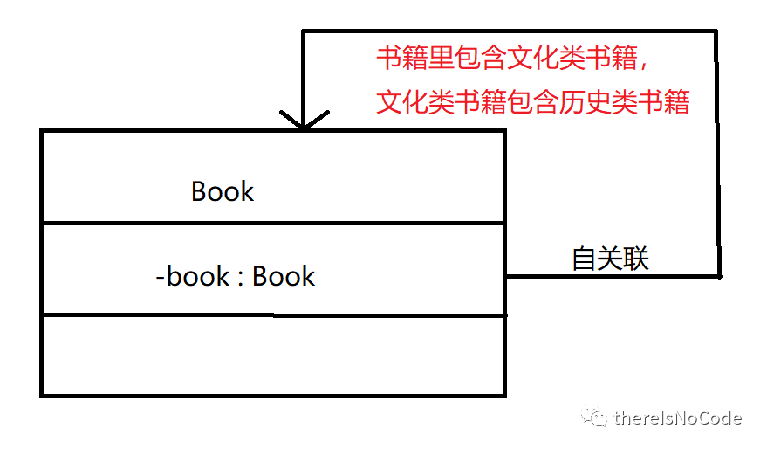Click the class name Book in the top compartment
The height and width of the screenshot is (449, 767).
pyautogui.click(x=223, y=191)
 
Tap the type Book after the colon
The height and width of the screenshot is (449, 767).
pyautogui.click(x=284, y=276)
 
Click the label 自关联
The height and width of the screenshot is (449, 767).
pyautogui.click(x=610, y=259)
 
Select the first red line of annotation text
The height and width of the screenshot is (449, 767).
pyautogui.click(x=513, y=59)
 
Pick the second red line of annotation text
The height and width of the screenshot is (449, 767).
pyautogui.click(x=533, y=103)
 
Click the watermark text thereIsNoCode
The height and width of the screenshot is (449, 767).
pyautogui.click(x=678, y=418)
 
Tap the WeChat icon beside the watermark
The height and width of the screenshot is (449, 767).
pyautogui.click(x=596, y=418)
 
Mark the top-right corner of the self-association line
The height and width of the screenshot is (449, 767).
pyautogui.click(x=716, y=31)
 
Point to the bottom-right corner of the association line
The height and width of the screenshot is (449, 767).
pyautogui.click(x=719, y=276)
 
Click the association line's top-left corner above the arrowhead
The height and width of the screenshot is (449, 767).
pyautogui.click(x=303, y=31)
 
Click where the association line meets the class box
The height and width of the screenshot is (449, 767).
pyautogui.click(x=505, y=276)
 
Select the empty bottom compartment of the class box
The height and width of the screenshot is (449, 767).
pyautogui.click(x=273, y=356)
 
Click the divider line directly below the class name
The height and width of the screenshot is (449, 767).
pyautogui.click(x=273, y=223)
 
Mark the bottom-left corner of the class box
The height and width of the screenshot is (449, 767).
pyautogui.click(x=42, y=395)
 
